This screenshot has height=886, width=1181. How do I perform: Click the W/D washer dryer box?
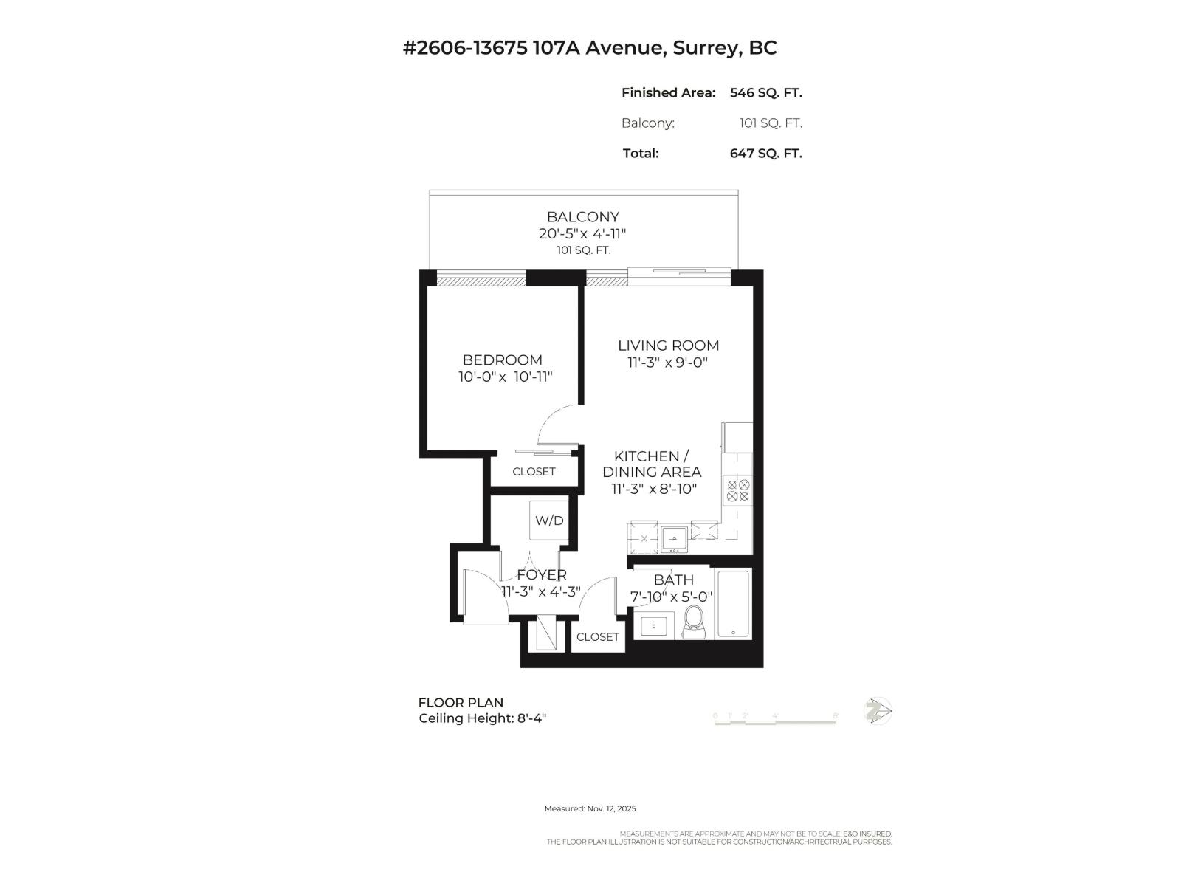pyautogui.click(x=549, y=521)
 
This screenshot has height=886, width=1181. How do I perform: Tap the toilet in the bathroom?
pyautogui.click(x=694, y=622)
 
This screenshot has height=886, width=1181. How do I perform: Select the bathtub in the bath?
pyautogui.click(x=734, y=604)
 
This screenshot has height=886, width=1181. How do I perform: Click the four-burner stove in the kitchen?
pyautogui.click(x=738, y=491)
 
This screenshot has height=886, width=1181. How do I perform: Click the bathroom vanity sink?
pyautogui.click(x=653, y=626)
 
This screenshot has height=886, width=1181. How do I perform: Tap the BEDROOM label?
pyautogui.click(x=502, y=360)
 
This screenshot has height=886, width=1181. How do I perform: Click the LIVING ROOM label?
pyautogui.click(x=668, y=346)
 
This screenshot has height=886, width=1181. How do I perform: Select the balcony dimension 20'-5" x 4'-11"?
pyautogui.click(x=582, y=234)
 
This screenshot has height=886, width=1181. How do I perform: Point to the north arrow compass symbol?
pyautogui.click(x=878, y=712)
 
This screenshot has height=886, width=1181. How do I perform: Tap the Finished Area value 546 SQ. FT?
pyautogui.click(x=765, y=93)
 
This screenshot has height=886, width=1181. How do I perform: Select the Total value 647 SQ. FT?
pyautogui.click(x=765, y=154)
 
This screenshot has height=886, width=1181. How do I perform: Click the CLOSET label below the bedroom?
pyautogui.click(x=534, y=472)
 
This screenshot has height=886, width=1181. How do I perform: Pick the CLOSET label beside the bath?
pyautogui.click(x=597, y=636)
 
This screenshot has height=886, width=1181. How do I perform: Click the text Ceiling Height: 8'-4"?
pyautogui.click(x=482, y=718)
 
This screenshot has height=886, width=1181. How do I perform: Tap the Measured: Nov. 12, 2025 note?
pyautogui.click(x=590, y=809)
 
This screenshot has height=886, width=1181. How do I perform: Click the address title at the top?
pyautogui.click(x=590, y=48)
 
